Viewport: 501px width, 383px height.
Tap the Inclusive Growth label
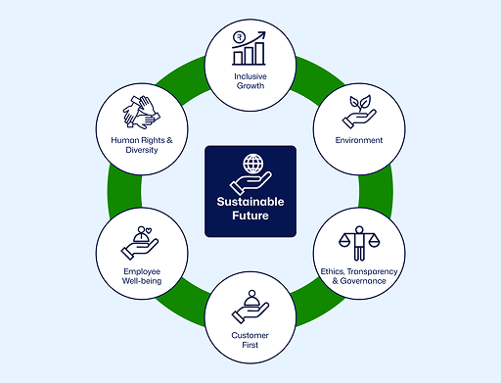tap(250, 81)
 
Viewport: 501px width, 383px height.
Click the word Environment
tap(358, 140)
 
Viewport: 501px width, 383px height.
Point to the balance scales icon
tap(358, 243)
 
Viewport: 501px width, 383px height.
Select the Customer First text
tap(250, 340)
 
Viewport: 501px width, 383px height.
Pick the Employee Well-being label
tap(143, 276)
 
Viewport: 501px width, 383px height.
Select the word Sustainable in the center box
tap(250, 203)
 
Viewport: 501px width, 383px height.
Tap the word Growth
tap(250, 86)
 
